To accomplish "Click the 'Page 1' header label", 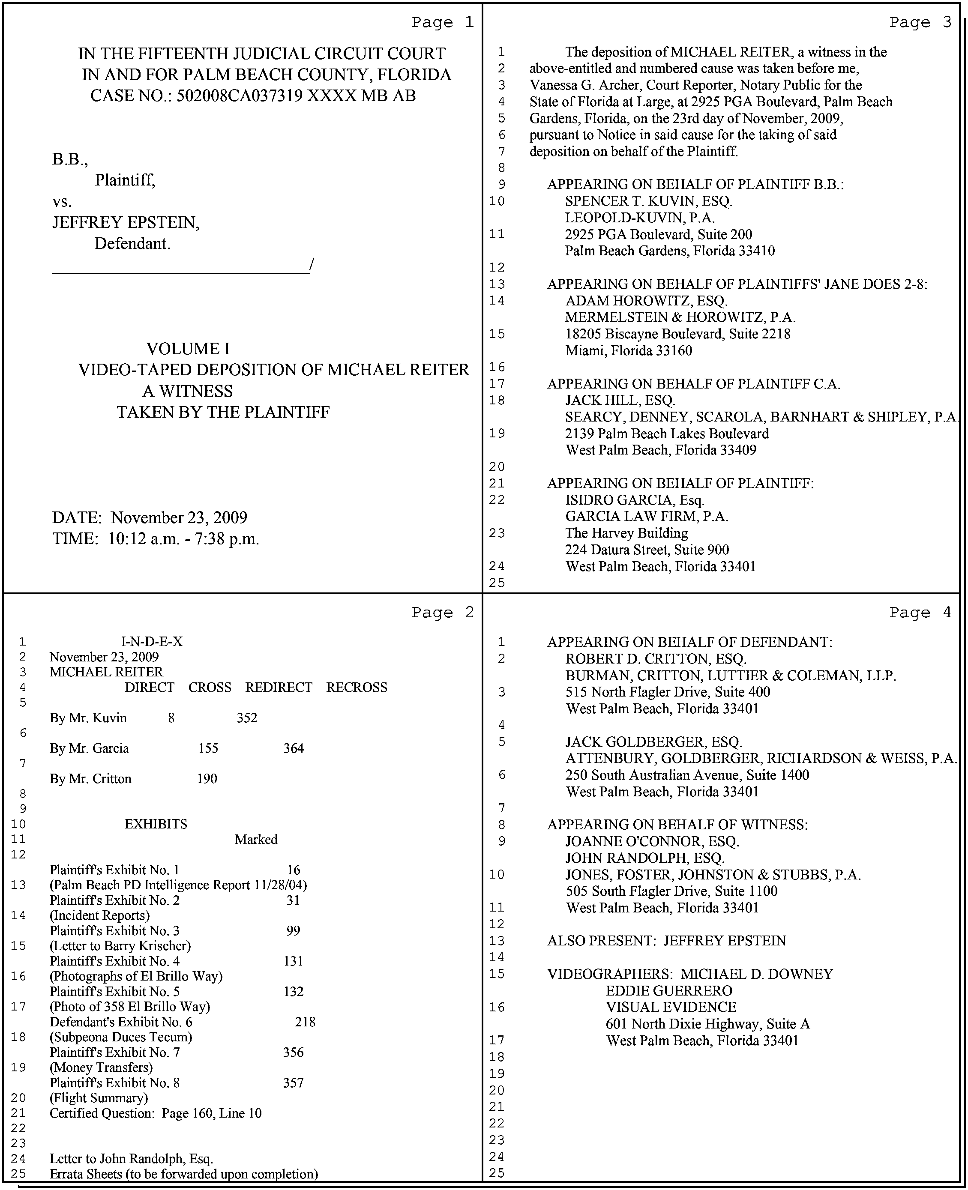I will point(442,22).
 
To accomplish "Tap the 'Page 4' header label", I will point(920,613).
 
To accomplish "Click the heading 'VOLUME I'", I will point(188,349).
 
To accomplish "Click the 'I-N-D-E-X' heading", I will point(152,642).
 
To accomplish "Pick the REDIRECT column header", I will point(278,687).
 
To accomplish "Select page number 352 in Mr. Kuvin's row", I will point(247,718).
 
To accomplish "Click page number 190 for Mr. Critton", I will point(207,779).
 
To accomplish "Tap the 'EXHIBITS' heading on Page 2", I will point(156,824).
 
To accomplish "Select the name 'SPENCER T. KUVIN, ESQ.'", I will point(648,201).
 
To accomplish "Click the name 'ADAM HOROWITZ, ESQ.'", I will point(646,301).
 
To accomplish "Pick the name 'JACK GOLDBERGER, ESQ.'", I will point(653,742).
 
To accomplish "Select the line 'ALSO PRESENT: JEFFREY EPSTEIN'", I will point(666,941).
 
